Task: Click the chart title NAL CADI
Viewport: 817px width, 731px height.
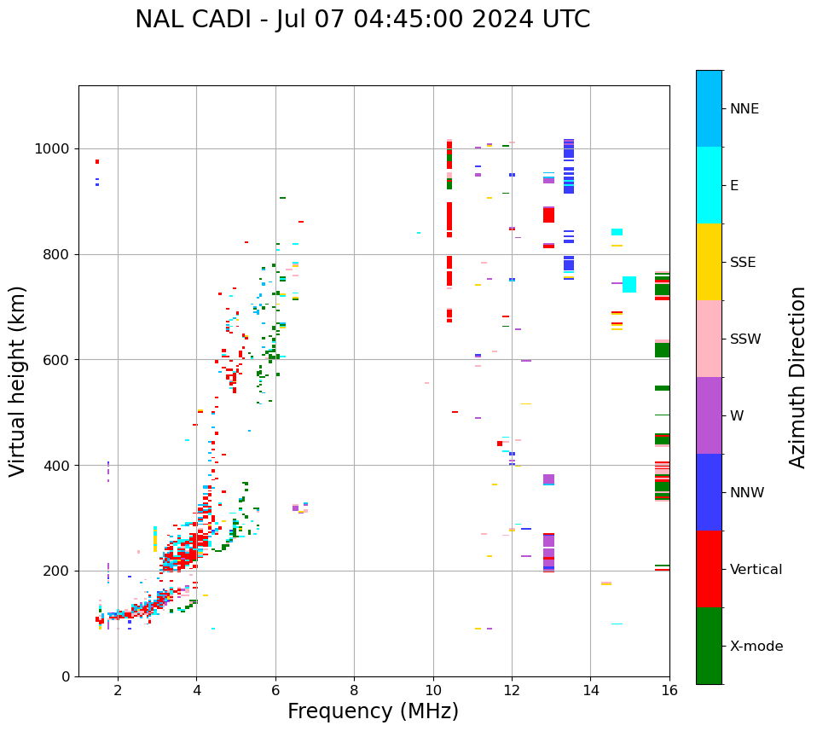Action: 362,20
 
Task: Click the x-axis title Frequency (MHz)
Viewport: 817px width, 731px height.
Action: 373,711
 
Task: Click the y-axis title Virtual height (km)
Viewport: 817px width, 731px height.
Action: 18,381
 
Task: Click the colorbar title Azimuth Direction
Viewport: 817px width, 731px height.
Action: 797,377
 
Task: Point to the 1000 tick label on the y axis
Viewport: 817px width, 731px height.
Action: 53,148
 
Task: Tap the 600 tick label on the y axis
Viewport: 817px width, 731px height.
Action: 57,360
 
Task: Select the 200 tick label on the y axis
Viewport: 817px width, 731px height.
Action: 57,571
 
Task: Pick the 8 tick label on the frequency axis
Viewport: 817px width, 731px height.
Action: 354,690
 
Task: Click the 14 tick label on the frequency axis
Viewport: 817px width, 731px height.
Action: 590,690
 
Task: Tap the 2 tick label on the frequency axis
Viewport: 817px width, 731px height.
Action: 118,690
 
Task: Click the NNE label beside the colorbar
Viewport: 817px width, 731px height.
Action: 744,109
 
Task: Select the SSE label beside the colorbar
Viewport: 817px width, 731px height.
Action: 742,263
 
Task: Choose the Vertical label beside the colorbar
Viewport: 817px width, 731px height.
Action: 756,570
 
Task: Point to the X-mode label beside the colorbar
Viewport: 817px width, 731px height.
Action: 756,647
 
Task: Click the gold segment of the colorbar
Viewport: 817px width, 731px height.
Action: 709,262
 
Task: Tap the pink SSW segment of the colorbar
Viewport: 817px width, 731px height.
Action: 709,339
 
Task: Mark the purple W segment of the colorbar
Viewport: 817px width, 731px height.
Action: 709,415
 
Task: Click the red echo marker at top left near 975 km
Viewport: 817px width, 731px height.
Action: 97,161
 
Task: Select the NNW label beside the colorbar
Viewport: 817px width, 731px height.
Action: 746,493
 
